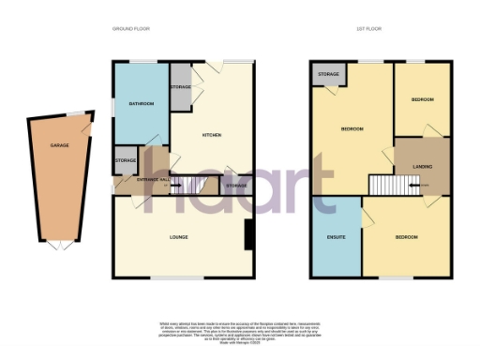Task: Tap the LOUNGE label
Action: click(x=178, y=236)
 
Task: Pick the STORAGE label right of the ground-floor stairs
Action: click(x=236, y=186)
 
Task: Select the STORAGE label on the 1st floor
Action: click(x=328, y=74)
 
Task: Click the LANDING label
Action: click(x=422, y=167)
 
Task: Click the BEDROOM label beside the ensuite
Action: click(x=406, y=236)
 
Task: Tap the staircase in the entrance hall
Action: click(x=192, y=186)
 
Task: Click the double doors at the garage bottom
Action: click(x=57, y=246)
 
